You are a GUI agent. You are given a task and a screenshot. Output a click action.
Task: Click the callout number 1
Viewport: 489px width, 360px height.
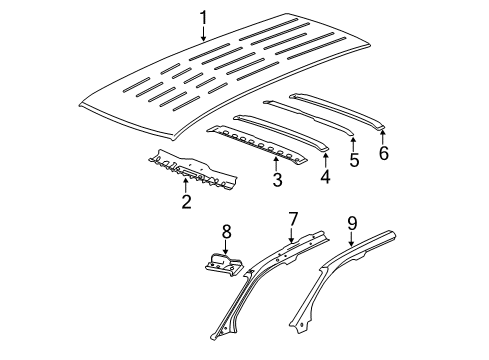click(x=203, y=17)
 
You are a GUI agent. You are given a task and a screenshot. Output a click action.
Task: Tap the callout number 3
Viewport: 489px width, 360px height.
click(x=278, y=181)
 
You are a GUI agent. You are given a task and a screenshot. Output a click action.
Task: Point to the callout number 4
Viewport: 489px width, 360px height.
click(x=324, y=178)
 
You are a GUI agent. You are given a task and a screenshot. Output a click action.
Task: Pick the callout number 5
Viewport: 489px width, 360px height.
click(x=353, y=159)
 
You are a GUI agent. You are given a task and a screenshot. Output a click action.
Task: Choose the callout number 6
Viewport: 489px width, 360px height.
click(x=384, y=153)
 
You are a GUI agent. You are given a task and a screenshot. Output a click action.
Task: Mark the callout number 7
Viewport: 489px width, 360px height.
click(x=293, y=247)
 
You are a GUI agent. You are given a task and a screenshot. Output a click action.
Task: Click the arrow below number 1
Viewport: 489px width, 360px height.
click(x=203, y=35)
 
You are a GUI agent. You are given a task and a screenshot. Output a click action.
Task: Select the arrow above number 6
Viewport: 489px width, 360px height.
click(x=384, y=136)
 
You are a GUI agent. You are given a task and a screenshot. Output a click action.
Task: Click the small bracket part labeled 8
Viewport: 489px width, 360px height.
click(x=222, y=290)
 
